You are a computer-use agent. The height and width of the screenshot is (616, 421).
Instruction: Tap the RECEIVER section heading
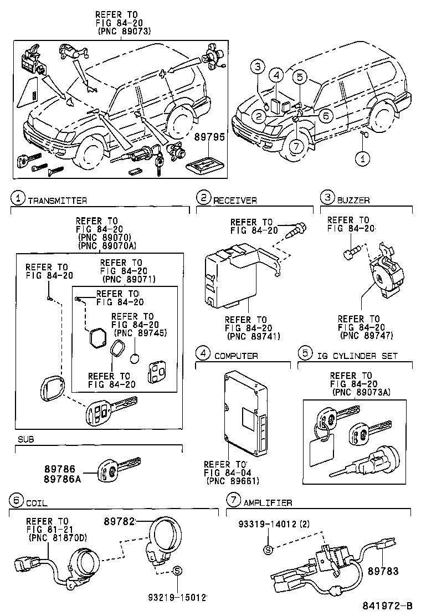235,200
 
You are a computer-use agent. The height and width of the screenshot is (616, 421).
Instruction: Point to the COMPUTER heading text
236,356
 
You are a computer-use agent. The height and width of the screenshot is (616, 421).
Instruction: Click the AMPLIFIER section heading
268,502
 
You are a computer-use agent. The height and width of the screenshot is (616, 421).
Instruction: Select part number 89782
120,521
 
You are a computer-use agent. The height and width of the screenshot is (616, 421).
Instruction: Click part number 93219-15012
177,598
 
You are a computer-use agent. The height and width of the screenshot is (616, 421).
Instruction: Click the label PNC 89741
253,336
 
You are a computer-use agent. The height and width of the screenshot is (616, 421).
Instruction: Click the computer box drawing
246,413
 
